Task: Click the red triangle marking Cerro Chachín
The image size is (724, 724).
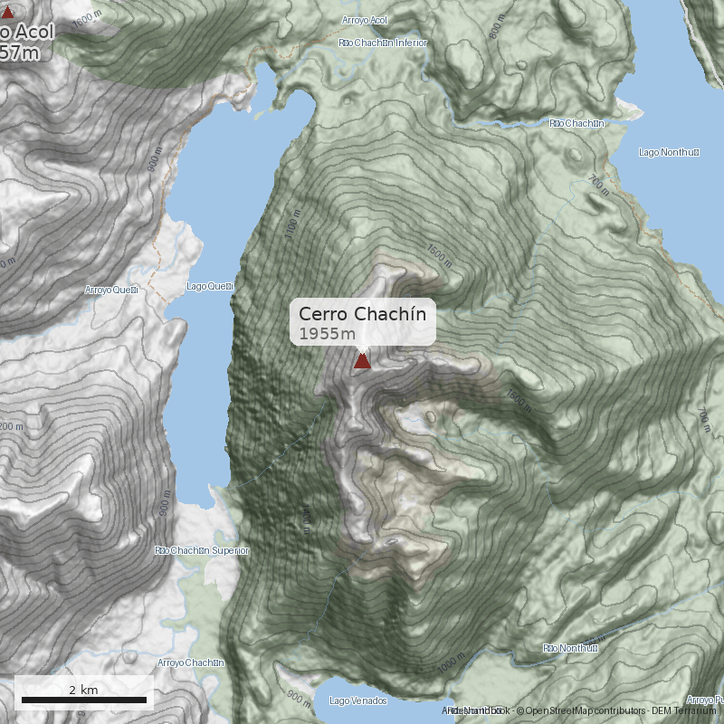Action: click(362, 361)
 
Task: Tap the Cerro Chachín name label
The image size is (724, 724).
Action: click(362, 314)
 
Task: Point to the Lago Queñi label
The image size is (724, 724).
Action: click(210, 287)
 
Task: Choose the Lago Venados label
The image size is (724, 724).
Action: click(358, 701)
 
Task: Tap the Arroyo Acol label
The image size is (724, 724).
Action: click(365, 20)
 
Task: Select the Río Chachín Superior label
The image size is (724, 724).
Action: click(201, 550)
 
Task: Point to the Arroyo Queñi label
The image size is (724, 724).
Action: click(111, 291)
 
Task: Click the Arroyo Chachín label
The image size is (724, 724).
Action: click(190, 662)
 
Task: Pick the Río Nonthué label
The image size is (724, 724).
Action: click(571, 648)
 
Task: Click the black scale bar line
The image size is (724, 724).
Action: click(83, 700)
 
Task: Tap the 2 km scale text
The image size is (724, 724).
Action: click(83, 690)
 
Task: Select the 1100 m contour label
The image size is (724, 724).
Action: click(291, 223)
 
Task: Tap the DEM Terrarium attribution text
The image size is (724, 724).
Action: click(683, 710)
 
